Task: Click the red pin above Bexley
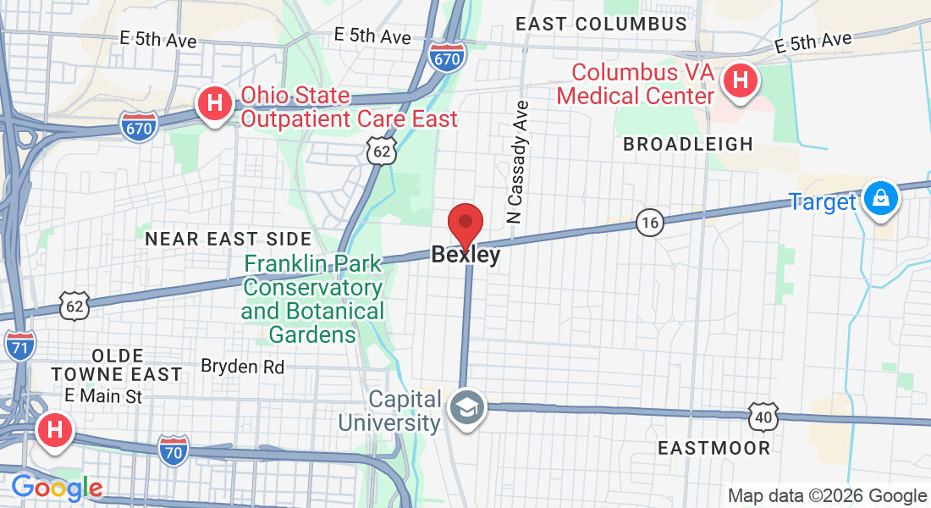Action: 465,224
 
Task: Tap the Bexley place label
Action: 465,255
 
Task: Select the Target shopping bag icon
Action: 881,200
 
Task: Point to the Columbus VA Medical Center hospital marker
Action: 741,82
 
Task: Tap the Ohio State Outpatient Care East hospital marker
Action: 215,105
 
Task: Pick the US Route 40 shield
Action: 762,417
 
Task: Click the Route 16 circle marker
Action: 649,224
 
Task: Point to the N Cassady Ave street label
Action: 518,162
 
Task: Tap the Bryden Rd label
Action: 242,367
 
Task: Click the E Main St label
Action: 103,395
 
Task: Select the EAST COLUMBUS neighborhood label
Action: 601,24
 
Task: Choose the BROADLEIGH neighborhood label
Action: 688,144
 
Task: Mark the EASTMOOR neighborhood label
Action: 714,448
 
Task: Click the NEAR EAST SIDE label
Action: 229,240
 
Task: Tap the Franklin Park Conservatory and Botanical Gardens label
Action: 312,299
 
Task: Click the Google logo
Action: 57,488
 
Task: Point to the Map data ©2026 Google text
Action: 827,496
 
